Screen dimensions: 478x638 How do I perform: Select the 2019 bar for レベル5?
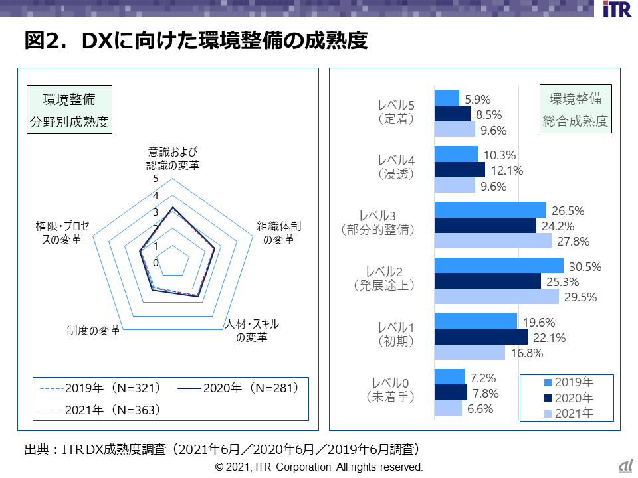[x=447, y=98]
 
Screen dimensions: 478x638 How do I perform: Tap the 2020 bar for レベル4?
[x=459, y=170]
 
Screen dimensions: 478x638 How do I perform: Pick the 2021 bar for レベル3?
[x=492, y=240]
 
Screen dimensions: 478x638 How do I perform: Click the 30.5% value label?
[x=585, y=267]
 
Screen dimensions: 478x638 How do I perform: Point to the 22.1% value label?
[x=549, y=338]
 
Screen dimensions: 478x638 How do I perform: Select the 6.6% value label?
[x=480, y=409]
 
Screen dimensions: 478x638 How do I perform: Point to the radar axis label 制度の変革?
[x=94, y=330]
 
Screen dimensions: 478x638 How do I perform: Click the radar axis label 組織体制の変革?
[x=279, y=232]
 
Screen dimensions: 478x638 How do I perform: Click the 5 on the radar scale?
[x=156, y=179]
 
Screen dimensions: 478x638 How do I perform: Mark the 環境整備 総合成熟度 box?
[x=575, y=110]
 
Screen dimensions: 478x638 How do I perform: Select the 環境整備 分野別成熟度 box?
[x=69, y=111]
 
